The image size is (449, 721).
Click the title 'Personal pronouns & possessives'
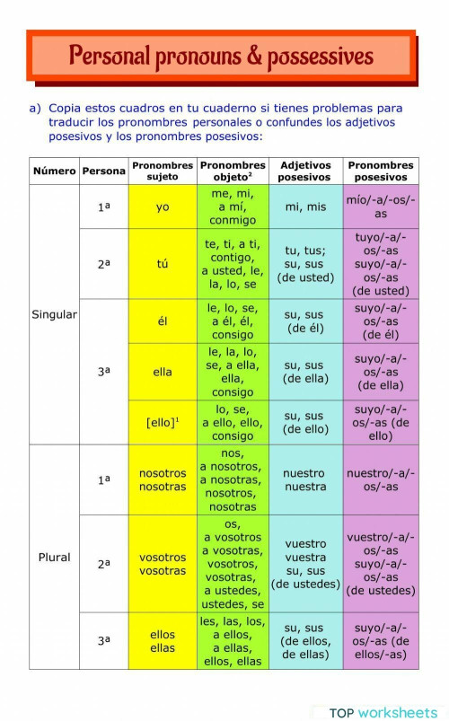click(221, 57)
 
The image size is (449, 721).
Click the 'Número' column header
click(54, 171)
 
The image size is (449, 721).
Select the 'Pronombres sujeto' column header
click(163, 171)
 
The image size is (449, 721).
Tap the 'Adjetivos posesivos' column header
click(305, 171)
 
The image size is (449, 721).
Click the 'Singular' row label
click(54, 315)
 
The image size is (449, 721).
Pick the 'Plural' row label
click(54, 557)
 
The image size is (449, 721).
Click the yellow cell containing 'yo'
click(163, 207)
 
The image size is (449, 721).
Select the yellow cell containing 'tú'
click(163, 264)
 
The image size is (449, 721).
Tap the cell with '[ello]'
click(163, 422)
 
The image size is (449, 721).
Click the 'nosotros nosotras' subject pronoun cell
click(163, 479)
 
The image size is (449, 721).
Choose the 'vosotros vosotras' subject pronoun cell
click(163, 564)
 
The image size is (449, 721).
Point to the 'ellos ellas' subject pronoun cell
click(163, 641)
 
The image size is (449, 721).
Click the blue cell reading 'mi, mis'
click(305, 207)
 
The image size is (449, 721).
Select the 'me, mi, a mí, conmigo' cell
click(233, 207)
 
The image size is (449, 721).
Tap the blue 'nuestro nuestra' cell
click(305, 479)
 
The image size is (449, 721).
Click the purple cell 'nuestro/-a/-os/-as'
click(381, 479)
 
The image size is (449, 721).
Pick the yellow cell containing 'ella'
click(163, 372)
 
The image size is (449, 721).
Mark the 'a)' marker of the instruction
click(35, 107)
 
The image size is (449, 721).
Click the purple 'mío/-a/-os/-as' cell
click(381, 207)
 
